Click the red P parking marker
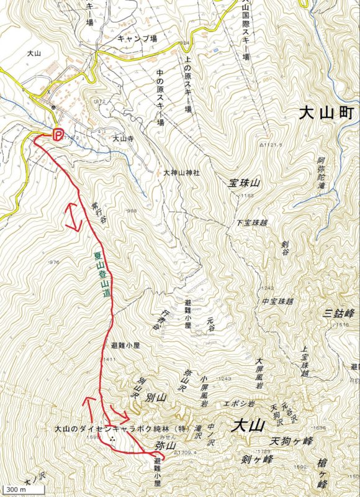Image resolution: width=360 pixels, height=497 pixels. click(x=57, y=134)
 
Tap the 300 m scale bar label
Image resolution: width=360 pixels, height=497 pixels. click(x=13, y=491)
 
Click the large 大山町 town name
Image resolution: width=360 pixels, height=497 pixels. click(x=325, y=114)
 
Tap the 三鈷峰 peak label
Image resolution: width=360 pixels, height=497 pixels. click(x=339, y=312)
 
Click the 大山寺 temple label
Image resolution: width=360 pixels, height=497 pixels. click(x=123, y=139)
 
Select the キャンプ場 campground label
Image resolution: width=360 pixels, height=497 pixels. click(x=139, y=38)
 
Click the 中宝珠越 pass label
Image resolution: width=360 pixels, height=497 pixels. click(x=277, y=301)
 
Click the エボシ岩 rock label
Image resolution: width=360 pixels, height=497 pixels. click(x=239, y=403)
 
